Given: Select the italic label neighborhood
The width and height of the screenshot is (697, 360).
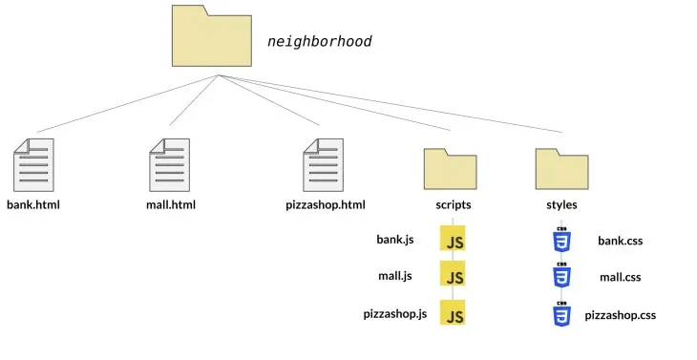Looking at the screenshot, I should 319,42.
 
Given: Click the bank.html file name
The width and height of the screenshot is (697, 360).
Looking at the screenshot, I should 33,204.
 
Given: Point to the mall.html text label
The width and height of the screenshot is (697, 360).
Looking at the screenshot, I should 168,204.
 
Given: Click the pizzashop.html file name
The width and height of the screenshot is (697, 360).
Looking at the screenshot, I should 326,204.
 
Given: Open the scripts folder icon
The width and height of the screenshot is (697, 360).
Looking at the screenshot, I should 449,168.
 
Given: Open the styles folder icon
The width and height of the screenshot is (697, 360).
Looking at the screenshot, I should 561,168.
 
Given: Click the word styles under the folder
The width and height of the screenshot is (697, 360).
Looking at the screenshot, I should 560,204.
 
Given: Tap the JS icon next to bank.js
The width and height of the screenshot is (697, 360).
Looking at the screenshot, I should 453,240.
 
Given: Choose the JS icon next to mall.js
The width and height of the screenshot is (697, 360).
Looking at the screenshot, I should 453,276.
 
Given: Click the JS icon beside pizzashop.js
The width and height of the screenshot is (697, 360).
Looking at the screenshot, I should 453,314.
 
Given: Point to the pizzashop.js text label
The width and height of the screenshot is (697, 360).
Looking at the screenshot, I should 395,313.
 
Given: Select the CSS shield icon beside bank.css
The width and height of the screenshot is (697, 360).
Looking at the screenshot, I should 561,241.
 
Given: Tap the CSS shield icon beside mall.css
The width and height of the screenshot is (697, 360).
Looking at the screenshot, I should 561,276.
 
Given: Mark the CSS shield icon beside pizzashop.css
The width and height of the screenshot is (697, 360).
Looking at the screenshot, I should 561,313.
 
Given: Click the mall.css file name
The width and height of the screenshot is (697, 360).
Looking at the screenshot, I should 620,277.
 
